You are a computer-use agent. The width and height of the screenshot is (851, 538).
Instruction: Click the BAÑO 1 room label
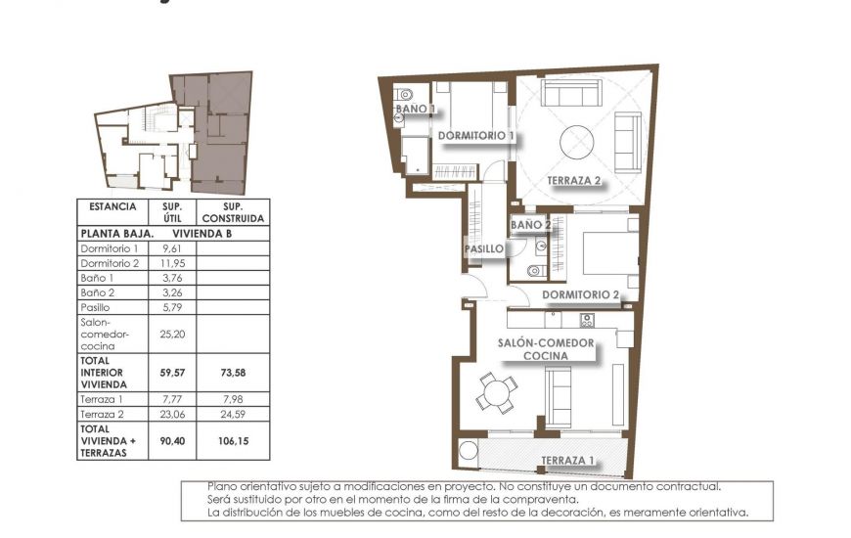pyautogui.click(x=415, y=110)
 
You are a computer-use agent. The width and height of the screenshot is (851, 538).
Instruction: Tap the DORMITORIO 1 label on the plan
pyautogui.click(x=476, y=135)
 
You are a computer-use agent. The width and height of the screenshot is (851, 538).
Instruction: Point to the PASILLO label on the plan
pyautogui.click(x=483, y=249)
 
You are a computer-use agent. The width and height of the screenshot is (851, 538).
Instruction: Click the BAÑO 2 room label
pyautogui.click(x=531, y=225)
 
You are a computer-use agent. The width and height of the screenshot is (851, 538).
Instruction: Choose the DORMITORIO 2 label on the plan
pyautogui.click(x=581, y=294)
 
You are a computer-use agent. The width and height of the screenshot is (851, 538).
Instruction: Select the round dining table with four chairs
pyautogui.click(x=497, y=394)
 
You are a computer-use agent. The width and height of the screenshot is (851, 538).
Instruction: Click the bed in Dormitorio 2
pyautogui.click(x=609, y=254)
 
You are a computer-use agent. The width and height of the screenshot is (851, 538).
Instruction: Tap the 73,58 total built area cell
pyautogui.click(x=232, y=372)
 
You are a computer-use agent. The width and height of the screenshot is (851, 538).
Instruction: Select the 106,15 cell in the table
pyautogui.click(x=232, y=440)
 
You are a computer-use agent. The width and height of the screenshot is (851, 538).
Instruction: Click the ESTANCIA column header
pyautogui.click(x=112, y=207)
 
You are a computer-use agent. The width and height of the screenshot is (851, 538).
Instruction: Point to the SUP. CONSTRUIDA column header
pyautogui.click(x=232, y=212)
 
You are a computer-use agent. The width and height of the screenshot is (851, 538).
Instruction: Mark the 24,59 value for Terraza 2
pyautogui.click(x=232, y=413)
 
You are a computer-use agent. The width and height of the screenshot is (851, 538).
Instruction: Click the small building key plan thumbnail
pyautogui.click(x=175, y=132)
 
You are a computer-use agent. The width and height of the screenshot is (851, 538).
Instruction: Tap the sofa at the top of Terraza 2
pyautogui.click(x=570, y=95)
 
